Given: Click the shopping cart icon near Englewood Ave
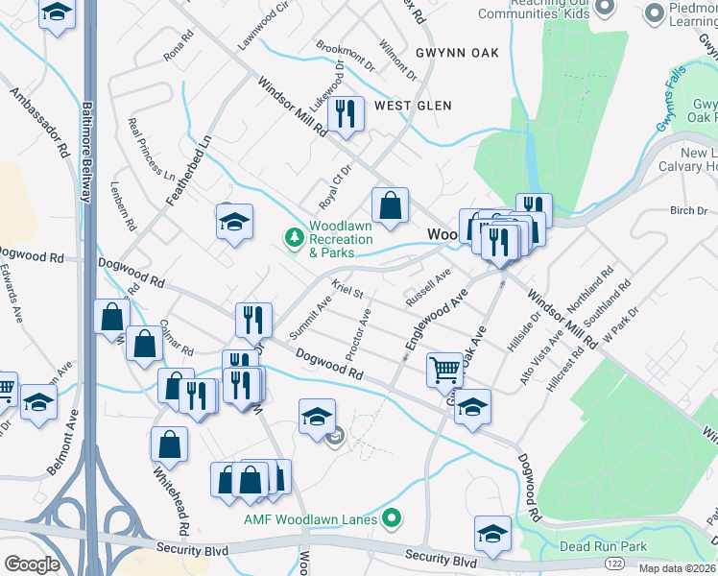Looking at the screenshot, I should tap(444, 369).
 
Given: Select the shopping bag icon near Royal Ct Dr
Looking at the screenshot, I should tap(391, 204).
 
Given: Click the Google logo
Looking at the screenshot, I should tap(32, 564).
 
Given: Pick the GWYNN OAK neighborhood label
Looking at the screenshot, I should tap(457, 53).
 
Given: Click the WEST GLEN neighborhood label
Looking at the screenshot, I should tap(412, 106).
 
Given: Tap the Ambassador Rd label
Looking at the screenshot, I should tap(40, 125).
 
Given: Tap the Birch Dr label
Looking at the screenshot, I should tap(688, 210).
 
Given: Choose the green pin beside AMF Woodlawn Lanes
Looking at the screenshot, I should tap(390, 520).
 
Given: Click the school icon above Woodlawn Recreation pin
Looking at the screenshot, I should tap(234, 222).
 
